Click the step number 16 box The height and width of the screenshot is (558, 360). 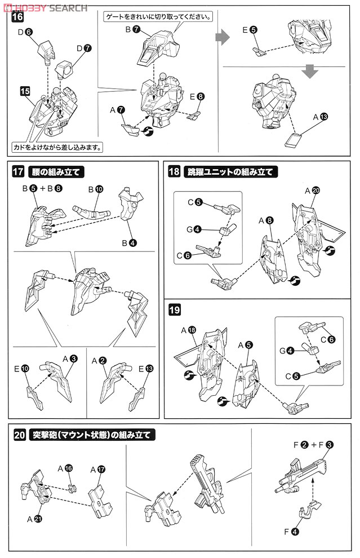pyautogui.click(x=17, y=16)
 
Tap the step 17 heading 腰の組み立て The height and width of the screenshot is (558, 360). pyautogui.click(x=56, y=172)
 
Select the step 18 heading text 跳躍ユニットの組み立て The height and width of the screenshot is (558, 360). pyautogui.click(x=230, y=172)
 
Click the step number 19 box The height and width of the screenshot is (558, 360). pyautogui.click(x=174, y=309)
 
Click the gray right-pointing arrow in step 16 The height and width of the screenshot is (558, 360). pyautogui.click(x=223, y=37)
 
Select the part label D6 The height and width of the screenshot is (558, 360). pyautogui.click(x=25, y=32)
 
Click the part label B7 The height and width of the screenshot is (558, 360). pyautogui.click(x=133, y=29)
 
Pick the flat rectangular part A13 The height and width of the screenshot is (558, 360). pyautogui.click(x=294, y=140)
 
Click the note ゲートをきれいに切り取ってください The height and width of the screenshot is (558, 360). pyautogui.click(x=158, y=16)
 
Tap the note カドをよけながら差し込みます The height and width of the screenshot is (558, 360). pyautogui.click(x=57, y=147)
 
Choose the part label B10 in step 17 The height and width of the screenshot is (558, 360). pyautogui.click(x=96, y=189)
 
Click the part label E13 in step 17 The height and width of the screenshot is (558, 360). pyautogui.click(x=145, y=369)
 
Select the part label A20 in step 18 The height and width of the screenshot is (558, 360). pyautogui.click(x=312, y=191)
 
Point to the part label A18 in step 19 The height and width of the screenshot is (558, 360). pyautogui.click(x=189, y=330)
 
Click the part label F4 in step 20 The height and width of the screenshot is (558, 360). pyautogui.click(x=292, y=532)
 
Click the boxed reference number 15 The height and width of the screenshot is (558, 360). pyautogui.click(x=25, y=91)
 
